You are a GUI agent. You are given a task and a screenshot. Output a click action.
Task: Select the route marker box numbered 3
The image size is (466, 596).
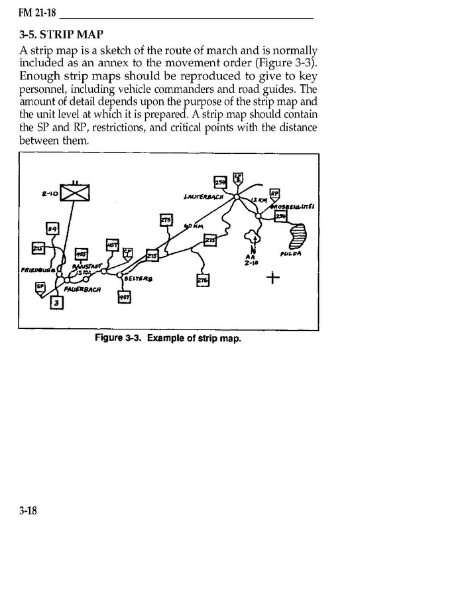click(57, 304)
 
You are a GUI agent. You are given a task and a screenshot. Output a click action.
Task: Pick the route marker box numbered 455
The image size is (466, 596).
click(82, 254)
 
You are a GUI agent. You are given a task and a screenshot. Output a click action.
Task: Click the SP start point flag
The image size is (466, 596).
click(40, 286)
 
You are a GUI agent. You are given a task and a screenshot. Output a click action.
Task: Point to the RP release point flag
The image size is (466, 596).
click(275, 194)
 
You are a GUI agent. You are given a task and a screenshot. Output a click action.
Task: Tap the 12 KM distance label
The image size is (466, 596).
click(259, 200)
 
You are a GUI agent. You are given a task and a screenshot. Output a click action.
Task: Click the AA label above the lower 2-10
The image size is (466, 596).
click(250, 256)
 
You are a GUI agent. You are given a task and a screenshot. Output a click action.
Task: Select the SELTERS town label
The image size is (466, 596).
click(138, 279)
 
